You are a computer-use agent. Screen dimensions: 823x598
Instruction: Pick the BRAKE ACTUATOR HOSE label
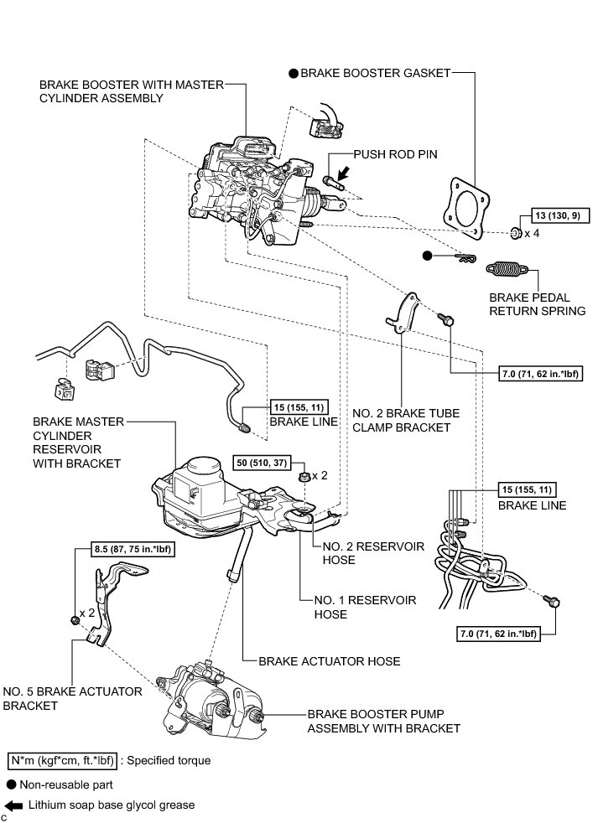pos(329,661)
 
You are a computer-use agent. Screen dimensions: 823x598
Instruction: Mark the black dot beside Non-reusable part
pos(12,785)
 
